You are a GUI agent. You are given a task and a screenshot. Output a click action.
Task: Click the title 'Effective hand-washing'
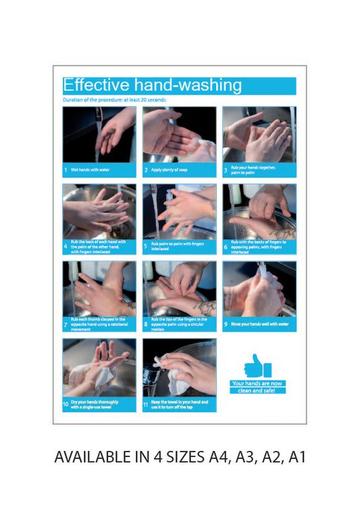coord(152,85)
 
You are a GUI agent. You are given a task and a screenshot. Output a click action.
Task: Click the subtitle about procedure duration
coord(114,100)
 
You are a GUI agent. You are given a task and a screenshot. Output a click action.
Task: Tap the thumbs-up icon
coord(257,366)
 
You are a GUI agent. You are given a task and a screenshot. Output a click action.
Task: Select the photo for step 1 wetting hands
coord(99,135)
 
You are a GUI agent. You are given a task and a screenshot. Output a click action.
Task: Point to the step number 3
coord(226,170)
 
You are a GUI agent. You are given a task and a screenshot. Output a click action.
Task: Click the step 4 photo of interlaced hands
coord(99,210)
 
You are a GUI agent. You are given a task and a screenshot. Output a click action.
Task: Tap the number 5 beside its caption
coord(146,247)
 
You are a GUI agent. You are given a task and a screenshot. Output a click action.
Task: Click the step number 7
coord(66,324)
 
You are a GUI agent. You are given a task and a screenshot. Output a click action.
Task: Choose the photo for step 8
coord(179,288)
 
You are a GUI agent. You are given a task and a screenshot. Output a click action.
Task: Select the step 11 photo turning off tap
coord(179,367)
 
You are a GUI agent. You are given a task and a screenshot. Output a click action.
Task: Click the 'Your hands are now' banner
coord(257,383)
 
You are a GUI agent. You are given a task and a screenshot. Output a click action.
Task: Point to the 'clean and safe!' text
coord(257,391)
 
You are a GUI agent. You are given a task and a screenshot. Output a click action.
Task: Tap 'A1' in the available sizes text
coord(297,458)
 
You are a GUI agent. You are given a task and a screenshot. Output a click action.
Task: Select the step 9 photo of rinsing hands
coord(259,288)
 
